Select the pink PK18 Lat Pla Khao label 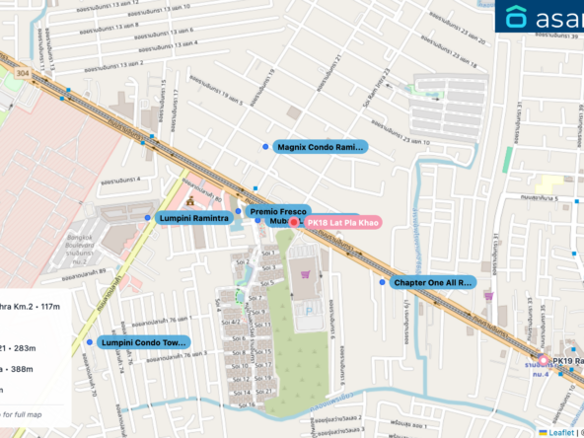click(341, 223)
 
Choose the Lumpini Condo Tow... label click(144, 342)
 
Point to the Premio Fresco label click(279, 211)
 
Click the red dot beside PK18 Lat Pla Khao click(294, 223)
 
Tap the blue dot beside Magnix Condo click(265, 147)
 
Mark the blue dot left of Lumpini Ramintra click(148, 217)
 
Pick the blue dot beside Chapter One click(383, 282)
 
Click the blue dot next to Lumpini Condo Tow click(90, 342)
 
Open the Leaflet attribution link click(560, 431)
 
